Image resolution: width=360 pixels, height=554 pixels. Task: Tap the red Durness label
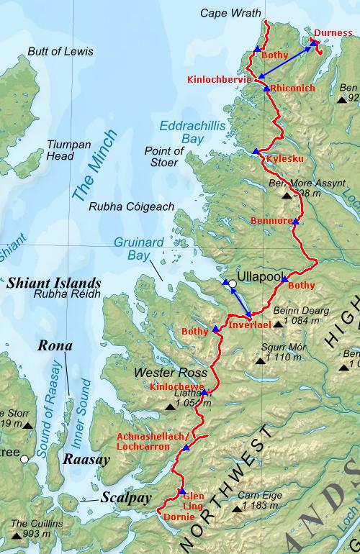click(332, 32)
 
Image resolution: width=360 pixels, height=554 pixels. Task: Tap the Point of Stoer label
click(164, 156)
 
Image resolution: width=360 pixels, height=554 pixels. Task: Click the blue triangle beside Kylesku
click(256, 152)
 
